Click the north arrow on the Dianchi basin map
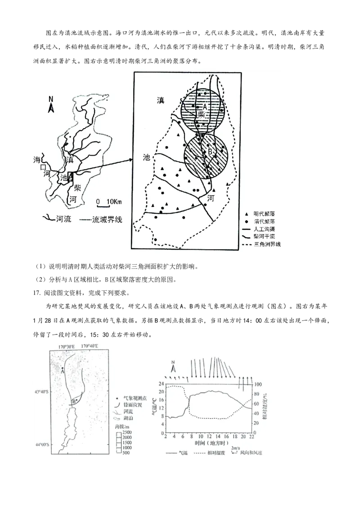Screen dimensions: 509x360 tap(51, 105)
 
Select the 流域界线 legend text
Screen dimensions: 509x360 tap(107, 219)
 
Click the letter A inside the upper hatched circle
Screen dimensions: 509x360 tap(204, 107)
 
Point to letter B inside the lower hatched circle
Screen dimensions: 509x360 tap(210, 152)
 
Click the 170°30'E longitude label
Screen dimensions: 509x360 tap(67, 346)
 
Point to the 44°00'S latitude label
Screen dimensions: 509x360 tap(42, 445)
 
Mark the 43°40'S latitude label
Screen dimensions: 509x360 tap(42, 392)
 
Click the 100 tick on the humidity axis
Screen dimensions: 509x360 tap(258, 384)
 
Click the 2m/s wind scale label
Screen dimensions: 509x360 tap(235, 448)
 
